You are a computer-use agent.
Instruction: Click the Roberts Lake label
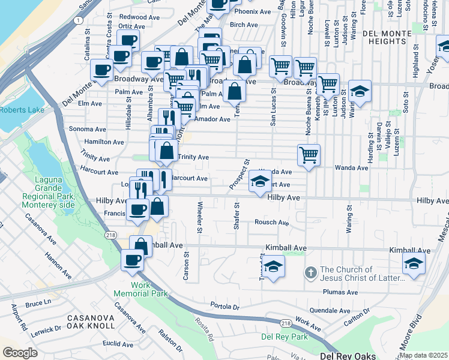coord(22,110)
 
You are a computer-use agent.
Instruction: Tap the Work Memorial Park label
coord(140,289)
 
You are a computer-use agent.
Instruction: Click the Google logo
coord(20,353)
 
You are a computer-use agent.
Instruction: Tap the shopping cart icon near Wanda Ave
coord(309,155)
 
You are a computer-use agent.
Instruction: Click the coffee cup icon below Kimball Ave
coord(132,260)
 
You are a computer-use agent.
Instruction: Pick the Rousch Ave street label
coord(272,223)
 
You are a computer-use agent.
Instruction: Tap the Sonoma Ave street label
coord(87,129)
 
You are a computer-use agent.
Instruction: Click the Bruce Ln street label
coord(39,304)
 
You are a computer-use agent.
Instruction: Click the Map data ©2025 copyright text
coord(423,355)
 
